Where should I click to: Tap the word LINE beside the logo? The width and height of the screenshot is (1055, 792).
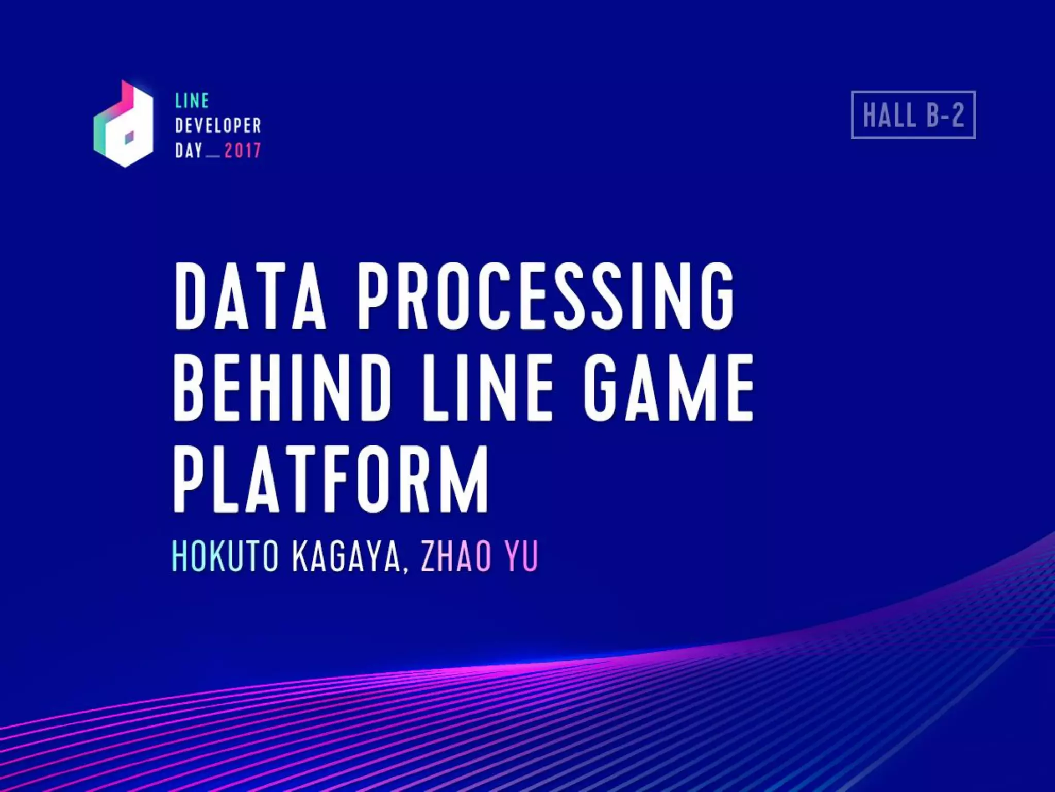tap(192, 101)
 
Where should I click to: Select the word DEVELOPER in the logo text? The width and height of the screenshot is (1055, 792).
tap(218, 125)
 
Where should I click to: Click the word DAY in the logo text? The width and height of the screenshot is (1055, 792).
tap(189, 151)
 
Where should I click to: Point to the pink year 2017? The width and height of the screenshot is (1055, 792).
tap(243, 151)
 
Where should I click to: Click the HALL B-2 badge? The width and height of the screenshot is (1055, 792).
tap(913, 114)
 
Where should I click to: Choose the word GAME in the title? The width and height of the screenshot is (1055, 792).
tap(669, 388)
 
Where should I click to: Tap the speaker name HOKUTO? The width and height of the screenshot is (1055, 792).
tap(225, 556)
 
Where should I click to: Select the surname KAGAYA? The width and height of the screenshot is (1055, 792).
tap(346, 556)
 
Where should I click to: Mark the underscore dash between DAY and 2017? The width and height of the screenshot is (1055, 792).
tap(213, 156)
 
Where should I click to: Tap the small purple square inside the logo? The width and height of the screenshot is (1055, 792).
tap(129, 137)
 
